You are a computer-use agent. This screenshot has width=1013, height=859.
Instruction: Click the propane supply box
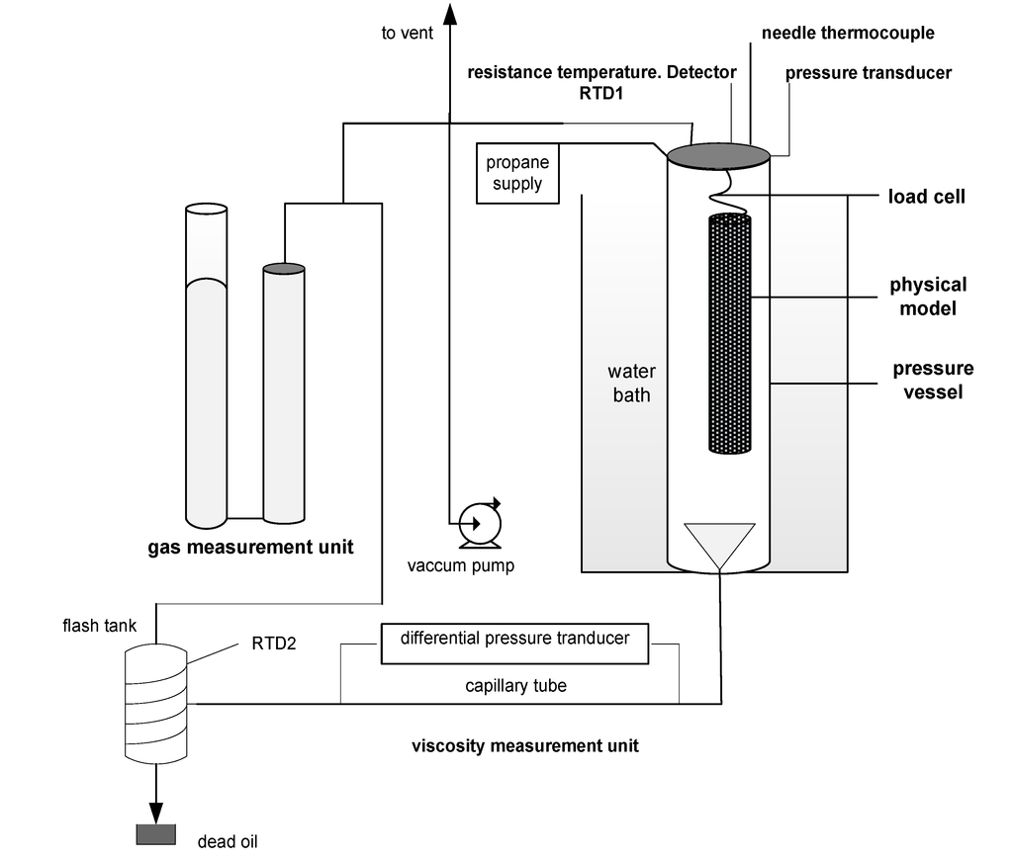(x=516, y=173)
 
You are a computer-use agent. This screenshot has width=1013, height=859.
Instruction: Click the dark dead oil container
(x=155, y=834)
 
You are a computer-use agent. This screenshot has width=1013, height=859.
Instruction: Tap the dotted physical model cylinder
(x=730, y=333)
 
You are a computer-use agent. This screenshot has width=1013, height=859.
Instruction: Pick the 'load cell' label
(x=926, y=197)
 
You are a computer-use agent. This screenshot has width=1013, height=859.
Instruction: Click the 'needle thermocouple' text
(x=848, y=33)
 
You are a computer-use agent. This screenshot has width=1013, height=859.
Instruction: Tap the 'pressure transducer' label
(x=869, y=73)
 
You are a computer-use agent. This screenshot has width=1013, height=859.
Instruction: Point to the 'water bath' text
(x=631, y=384)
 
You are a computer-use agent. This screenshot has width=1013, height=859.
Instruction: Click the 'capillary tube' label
(x=515, y=685)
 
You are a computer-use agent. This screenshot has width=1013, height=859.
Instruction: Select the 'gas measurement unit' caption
(x=250, y=547)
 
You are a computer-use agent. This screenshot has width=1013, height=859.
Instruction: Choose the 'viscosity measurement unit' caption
(x=524, y=745)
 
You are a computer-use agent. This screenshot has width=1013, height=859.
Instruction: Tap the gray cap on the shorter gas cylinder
(x=283, y=268)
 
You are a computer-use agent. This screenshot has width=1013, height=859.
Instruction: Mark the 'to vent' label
(x=407, y=34)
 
